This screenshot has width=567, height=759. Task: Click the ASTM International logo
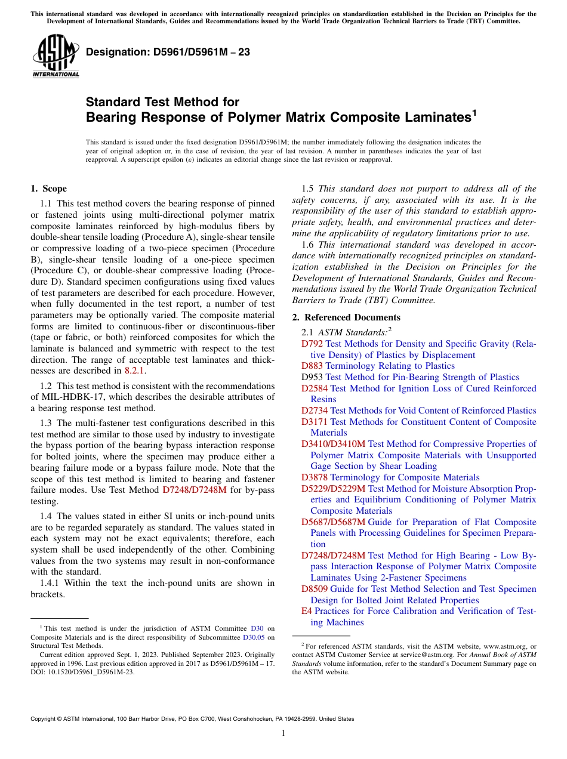(x=56, y=57)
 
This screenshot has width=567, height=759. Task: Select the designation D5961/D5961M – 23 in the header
(x=168, y=53)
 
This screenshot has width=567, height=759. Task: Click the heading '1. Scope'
(x=48, y=189)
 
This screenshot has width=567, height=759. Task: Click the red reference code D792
(x=312, y=344)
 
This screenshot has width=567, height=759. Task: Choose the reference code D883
(x=312, y=366)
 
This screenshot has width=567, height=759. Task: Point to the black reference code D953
(x=312, y=377)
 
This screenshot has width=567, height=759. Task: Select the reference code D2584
(x=315, y=388)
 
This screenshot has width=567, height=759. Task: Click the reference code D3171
(x=315, y=422)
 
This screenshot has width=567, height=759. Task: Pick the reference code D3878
(x=315, y=477)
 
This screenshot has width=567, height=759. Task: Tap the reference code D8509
(x=315, y=589)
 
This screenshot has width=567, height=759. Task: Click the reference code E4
(x=307, y=611)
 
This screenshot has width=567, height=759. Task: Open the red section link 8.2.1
(x=135, y=371)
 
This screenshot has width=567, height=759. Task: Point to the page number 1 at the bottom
(x=283, y=733)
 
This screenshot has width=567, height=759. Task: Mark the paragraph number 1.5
(x=308, y=189)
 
